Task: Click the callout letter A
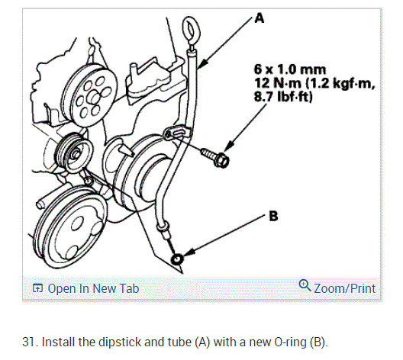259,18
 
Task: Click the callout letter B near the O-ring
273,216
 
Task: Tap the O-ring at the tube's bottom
177,259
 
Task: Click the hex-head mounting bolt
215,158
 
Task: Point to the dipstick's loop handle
190,30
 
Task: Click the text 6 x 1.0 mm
290,69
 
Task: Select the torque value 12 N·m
278,83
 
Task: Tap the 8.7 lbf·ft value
283,97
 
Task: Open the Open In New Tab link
93,288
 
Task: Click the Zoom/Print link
345,288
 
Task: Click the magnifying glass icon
305,285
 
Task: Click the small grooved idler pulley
74,153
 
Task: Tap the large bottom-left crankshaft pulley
70,228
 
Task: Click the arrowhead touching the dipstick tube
201,64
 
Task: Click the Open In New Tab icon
37,288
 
